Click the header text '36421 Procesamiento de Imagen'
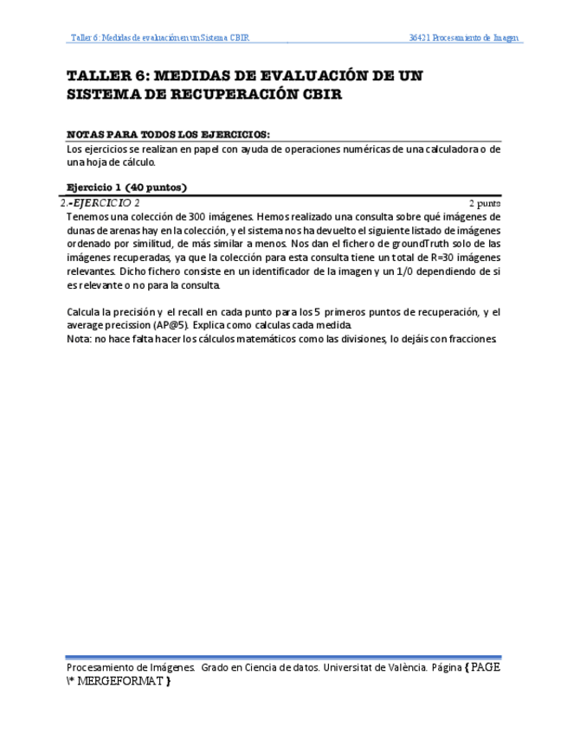tap(465, 38)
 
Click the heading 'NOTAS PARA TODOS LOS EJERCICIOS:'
tap(168, 135)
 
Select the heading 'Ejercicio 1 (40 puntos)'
tap(127, 187)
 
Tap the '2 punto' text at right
tap(484, 203)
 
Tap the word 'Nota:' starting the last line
tap(79, 339)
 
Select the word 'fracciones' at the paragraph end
tap(473, 339)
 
